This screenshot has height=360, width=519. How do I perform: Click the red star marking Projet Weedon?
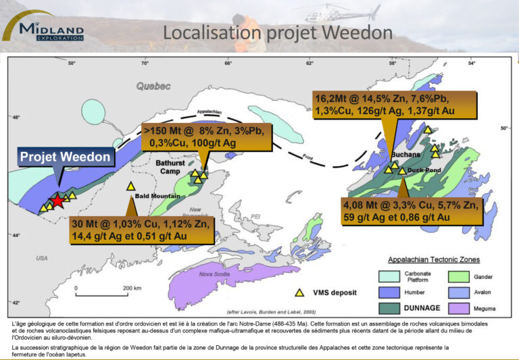tap(58, 201)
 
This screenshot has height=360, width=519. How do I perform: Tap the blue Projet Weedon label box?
tap(65, 157)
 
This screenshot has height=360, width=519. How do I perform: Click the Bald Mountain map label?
tap(151, 197)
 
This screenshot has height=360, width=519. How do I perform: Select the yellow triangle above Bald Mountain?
tap(131, 186)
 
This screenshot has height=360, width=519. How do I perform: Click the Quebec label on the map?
tap(153, 86)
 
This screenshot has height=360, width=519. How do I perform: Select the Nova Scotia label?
tap(215, 274)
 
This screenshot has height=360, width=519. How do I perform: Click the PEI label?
tap(255, 216)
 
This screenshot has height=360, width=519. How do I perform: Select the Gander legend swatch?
tap(459, 276)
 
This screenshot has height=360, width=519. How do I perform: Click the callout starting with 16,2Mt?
tap(395, 105)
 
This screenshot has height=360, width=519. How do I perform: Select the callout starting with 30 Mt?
tap(142, 230)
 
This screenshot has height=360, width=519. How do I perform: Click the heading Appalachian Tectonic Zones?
tap(433, 259)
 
